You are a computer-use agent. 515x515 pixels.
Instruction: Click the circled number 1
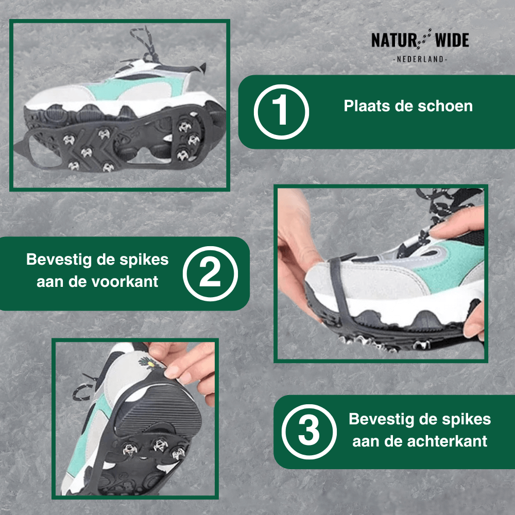[281, 112]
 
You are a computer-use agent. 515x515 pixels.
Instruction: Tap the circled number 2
[210, 273]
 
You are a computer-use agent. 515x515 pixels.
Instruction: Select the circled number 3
[310, 432]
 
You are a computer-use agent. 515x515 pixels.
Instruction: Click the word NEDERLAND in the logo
[420, 60]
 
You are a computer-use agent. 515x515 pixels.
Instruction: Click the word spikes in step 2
[146, 259]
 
